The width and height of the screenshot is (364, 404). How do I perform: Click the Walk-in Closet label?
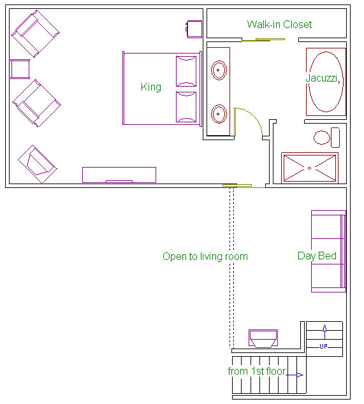279,24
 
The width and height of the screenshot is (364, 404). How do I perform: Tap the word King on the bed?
151,87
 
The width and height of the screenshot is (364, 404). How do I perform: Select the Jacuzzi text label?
321,78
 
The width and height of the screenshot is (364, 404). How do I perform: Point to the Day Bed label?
317,256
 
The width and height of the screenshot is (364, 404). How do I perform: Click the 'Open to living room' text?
205,257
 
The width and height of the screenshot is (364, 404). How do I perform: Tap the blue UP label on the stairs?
324,346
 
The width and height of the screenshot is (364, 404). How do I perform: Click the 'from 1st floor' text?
257,372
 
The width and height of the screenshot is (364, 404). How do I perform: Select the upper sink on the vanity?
219,70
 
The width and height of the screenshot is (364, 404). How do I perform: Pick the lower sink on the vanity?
219,114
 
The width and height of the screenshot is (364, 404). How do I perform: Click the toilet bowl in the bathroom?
322,138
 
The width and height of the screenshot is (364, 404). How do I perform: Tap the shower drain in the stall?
310,168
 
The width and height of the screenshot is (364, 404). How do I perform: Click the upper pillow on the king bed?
186,71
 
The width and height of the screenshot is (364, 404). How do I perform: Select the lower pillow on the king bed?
186,107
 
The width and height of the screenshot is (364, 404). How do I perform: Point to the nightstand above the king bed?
194,29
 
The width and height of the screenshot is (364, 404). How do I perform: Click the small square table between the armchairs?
20,69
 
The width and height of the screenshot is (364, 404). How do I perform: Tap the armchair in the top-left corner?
36,34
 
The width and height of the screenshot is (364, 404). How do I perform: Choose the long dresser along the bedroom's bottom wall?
119,175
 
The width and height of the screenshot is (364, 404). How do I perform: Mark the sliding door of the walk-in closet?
263,40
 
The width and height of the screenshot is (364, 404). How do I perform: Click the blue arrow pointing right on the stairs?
295,375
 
